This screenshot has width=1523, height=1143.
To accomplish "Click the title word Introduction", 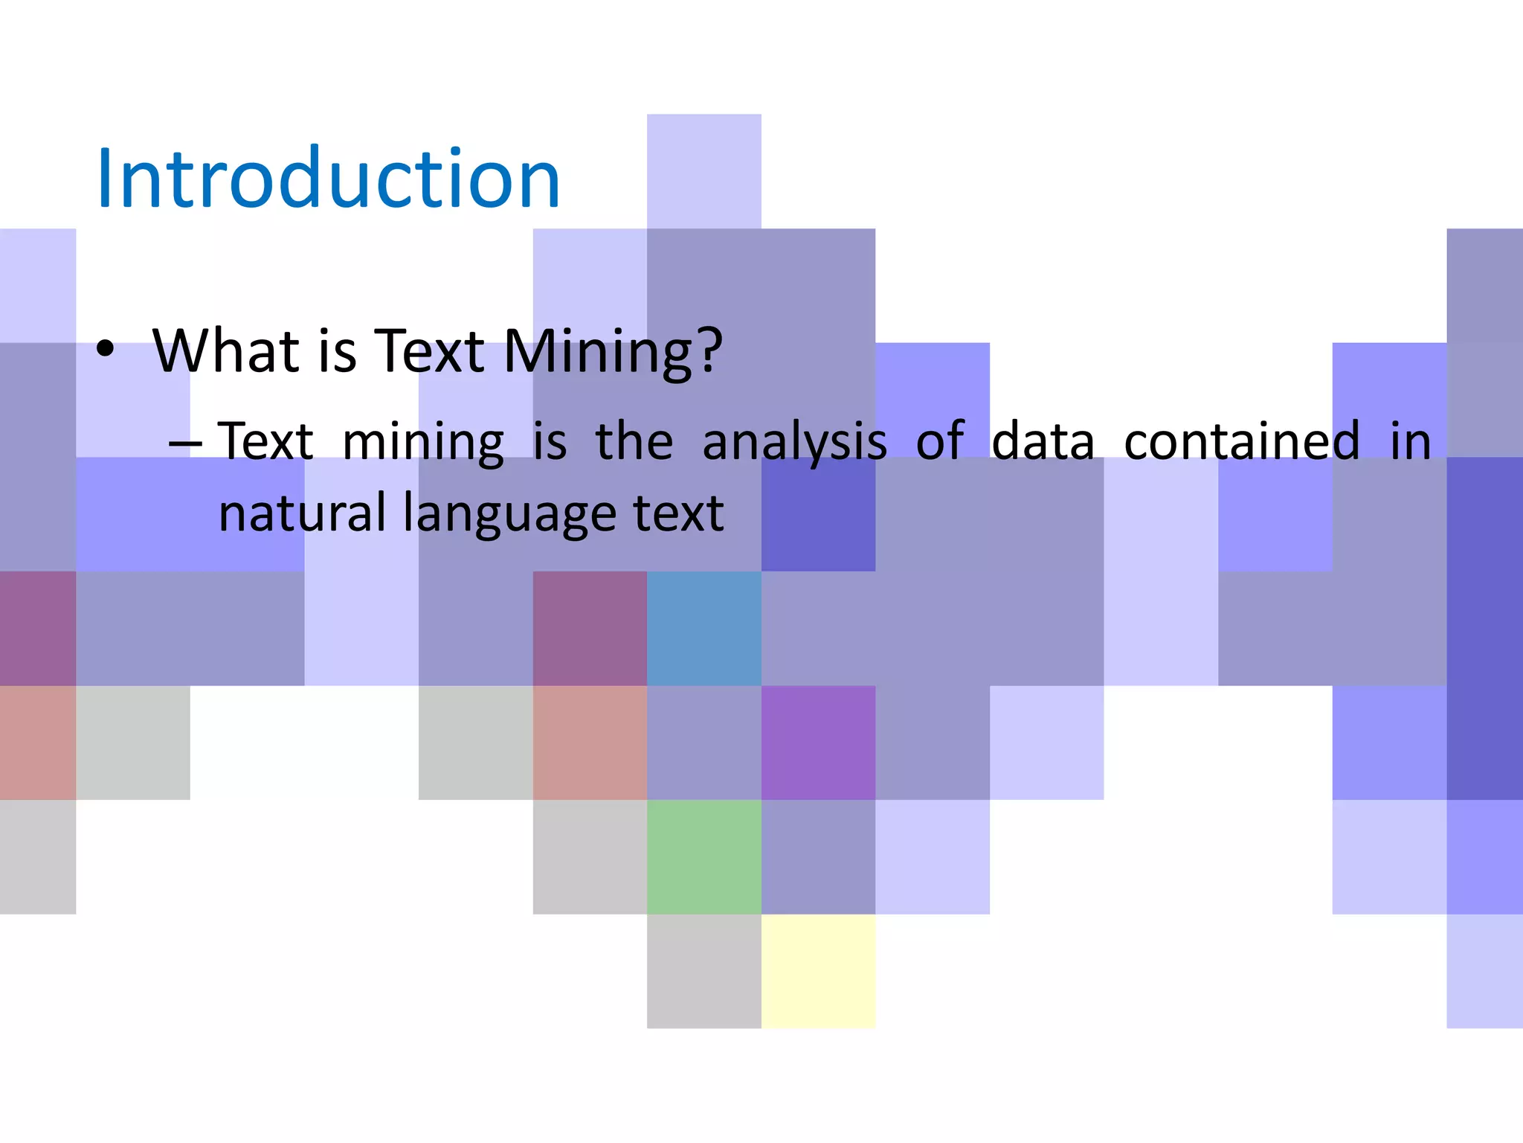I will [x=328, y=179].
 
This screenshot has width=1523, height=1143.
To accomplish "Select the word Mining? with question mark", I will [x=612, y=351].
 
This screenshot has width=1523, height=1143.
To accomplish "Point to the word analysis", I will [x=794, y=442].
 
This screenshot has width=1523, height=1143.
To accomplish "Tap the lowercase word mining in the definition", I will [x=423, y=442].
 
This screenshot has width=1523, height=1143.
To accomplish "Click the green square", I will [x=703, y=857].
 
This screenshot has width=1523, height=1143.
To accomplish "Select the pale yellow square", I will [x=818, y=971].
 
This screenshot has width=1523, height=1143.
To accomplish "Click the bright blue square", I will [x=703, y=628].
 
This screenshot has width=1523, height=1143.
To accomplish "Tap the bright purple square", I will [x=818, y=743].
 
